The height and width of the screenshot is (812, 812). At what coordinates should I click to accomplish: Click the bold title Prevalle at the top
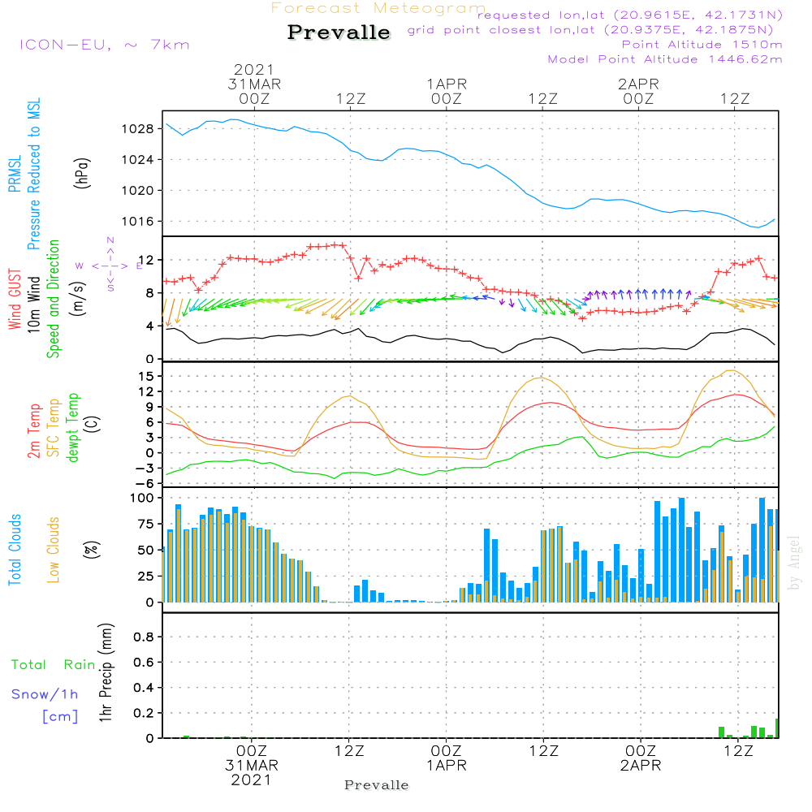(x=339, y=32)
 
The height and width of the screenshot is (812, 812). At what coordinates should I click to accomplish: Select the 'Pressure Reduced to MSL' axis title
(x=34, y=175)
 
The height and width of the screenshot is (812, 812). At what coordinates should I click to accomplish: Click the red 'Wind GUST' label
(x=15, y=300)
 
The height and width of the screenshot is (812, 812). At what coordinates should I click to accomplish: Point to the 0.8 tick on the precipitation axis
(x=144, y=637)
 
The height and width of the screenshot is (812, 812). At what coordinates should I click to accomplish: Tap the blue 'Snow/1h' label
(x=45, y=694)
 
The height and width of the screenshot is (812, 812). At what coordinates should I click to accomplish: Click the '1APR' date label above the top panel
(x=447, y=84)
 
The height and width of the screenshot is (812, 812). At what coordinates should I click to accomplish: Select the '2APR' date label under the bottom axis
(x=640, y=766)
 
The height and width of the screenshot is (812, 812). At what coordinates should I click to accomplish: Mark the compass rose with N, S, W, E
(x=110, y=265)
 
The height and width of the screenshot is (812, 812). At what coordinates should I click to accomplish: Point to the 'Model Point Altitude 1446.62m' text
(x=665, y=59)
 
